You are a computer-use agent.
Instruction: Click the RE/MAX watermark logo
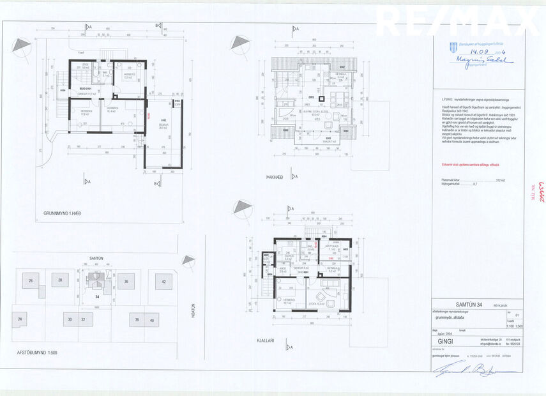click(457, 21)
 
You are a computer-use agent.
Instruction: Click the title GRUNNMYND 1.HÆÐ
click(63, 213)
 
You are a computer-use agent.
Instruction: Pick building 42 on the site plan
click(163, 281)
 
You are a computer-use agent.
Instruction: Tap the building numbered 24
click(21, 318)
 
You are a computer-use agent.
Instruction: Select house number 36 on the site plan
click(126, 281)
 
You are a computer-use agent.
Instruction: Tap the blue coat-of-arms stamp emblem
click(446, 44)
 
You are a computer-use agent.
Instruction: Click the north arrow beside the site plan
click(188, 260)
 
